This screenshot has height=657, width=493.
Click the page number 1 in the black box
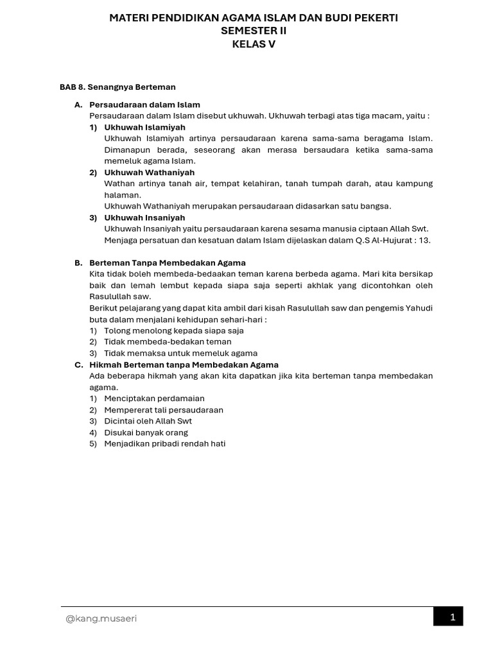click(453, 617)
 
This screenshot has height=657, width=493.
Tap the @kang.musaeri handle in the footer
click(101, 619)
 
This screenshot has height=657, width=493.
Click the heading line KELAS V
click(254, 44)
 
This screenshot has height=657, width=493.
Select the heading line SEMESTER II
click(254, 31)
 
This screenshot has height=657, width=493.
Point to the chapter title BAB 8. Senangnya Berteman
click(117, 87)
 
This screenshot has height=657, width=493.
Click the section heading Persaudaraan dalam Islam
click(144, 105)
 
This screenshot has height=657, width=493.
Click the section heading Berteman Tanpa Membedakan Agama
click(168, 263)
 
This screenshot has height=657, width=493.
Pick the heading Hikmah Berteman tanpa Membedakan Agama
click(184, 364)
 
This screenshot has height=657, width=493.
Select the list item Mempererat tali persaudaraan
click(164, 410)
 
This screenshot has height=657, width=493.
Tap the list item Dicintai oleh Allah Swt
click(148, 421)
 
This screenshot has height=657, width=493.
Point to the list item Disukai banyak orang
click(146, 432)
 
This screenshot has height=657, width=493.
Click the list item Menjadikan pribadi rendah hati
click(165, 443)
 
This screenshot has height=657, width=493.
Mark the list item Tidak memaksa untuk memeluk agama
click(180, 353)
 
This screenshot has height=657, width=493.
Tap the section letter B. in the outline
click(78, 263)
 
